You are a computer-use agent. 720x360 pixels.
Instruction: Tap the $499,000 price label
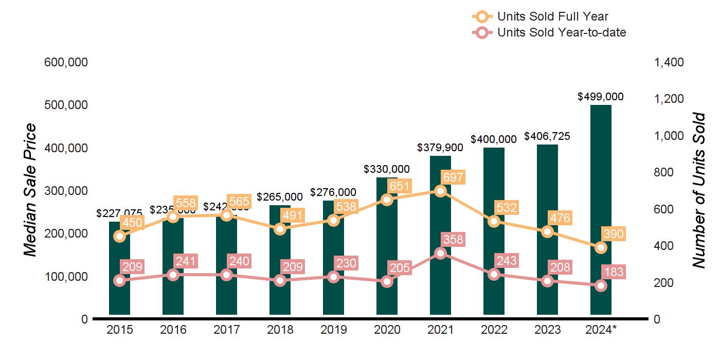(601, 96)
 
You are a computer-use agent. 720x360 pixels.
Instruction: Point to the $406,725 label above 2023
(547, 136)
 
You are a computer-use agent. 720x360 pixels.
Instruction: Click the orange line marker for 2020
(387, 200)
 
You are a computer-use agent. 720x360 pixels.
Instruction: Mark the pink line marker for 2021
(440, 253)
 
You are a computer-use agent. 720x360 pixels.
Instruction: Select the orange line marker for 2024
(601, 247)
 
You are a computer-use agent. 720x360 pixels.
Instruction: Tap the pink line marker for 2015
(119, 280)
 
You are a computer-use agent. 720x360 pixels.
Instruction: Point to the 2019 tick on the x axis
(333, 330)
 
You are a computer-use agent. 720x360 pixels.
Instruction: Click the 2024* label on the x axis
(601, 330)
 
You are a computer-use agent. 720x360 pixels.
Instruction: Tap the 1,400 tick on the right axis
(669, 62)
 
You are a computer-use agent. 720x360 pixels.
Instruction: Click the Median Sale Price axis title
(31, 190)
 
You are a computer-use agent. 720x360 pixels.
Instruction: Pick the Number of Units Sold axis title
(698, 190)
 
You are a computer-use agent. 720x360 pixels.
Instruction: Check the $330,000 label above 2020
(387, 169)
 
